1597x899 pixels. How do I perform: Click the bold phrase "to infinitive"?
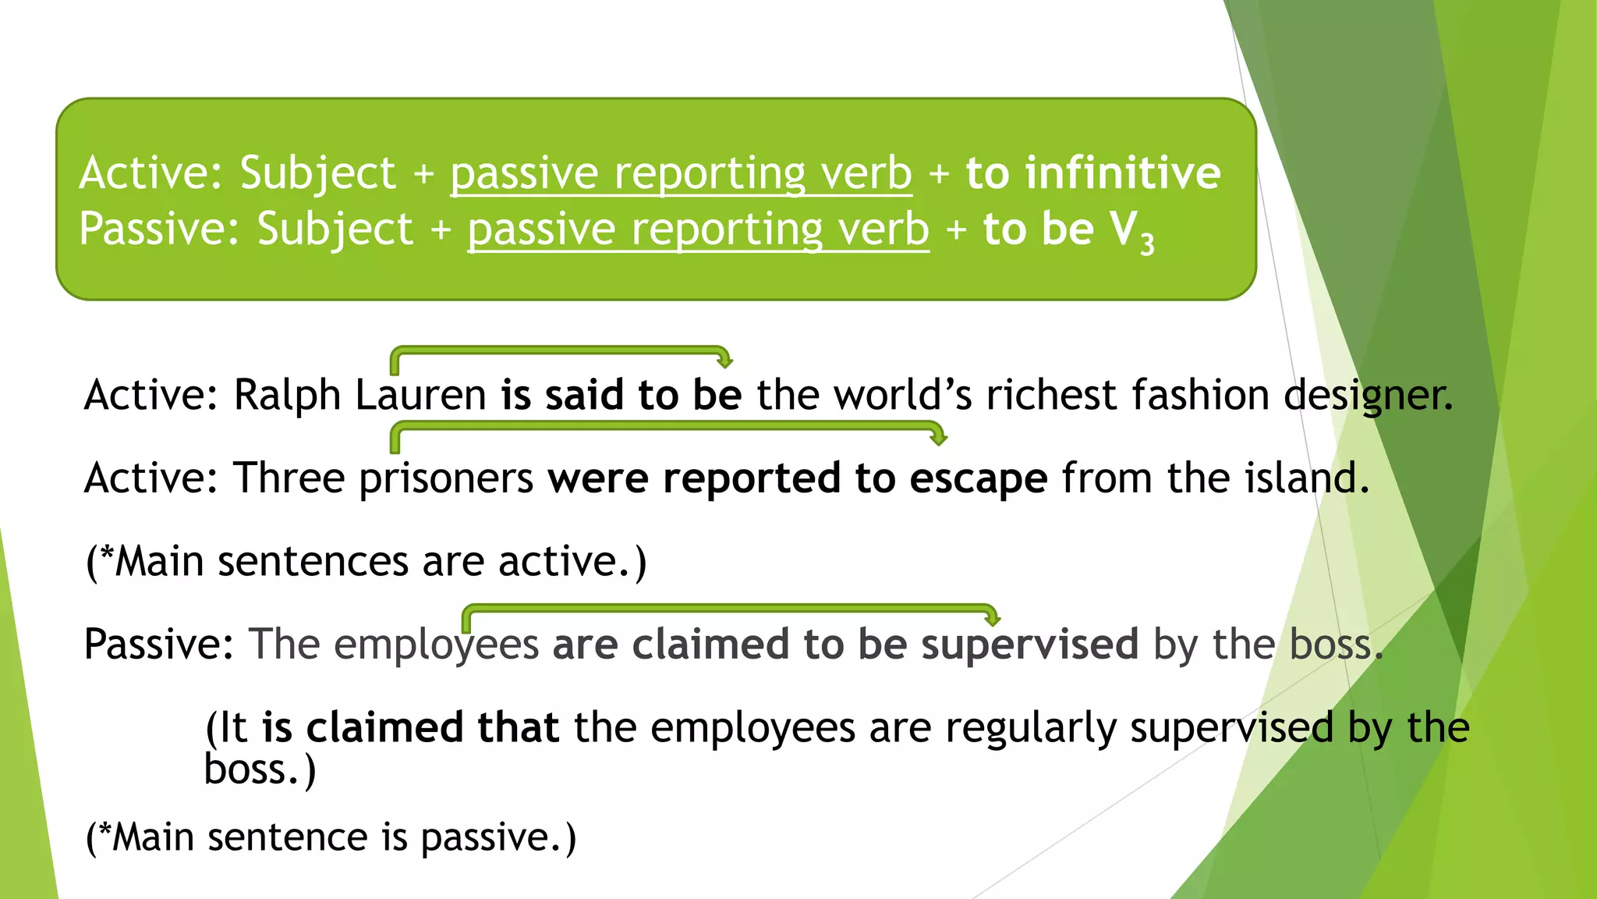1093,172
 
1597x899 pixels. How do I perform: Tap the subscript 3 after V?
1146,244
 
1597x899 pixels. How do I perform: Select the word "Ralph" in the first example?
288,395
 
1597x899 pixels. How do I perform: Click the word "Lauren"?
421,395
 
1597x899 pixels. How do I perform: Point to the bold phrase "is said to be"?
621,395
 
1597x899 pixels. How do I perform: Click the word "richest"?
1052,395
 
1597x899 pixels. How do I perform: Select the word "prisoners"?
446,478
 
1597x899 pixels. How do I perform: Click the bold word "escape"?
979,478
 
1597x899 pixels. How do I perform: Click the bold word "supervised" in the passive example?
1029,645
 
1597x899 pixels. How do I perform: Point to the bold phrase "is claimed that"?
410,727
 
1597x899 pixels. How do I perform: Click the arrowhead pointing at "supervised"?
992,620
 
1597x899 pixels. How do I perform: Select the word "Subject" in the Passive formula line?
335,229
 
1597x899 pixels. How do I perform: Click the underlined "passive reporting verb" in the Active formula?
681,172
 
